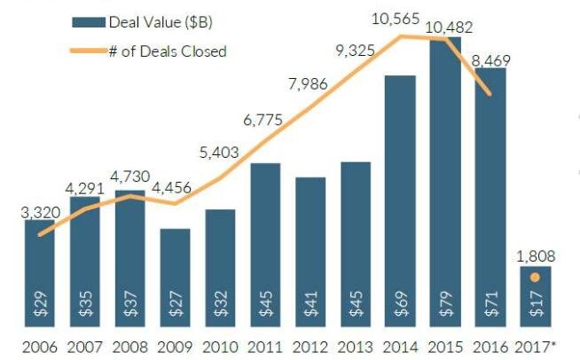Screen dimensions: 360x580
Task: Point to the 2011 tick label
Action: [265, 345]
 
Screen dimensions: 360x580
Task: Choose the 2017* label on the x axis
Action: [538, 345]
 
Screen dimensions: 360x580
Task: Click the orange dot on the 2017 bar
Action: [535, 278]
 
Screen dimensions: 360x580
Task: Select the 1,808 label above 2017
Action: [537, 256]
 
